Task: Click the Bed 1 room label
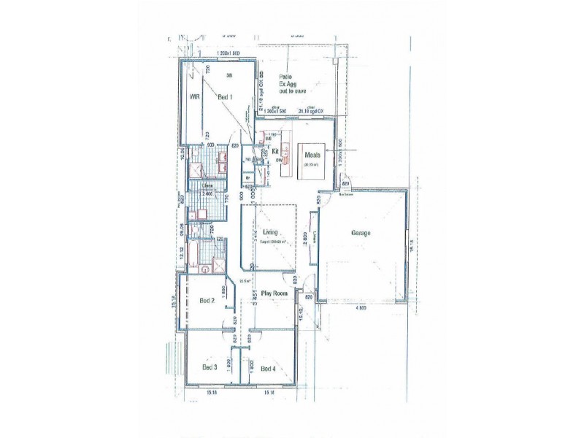(225, 97)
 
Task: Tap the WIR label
(195, 96)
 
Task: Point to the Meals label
(315, 155)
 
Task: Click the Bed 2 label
(207, 300)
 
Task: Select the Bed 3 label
(210, 368)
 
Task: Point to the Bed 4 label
(268, 368)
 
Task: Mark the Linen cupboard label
(207, 185)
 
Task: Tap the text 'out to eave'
(290, 92)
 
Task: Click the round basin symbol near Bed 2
(206, 268)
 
